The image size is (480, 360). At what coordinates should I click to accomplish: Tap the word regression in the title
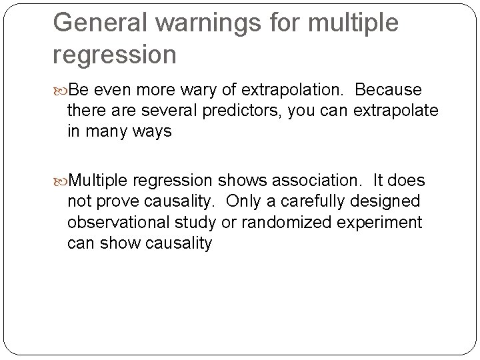point(115,55)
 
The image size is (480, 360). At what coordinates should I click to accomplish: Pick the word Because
point(389,89)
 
